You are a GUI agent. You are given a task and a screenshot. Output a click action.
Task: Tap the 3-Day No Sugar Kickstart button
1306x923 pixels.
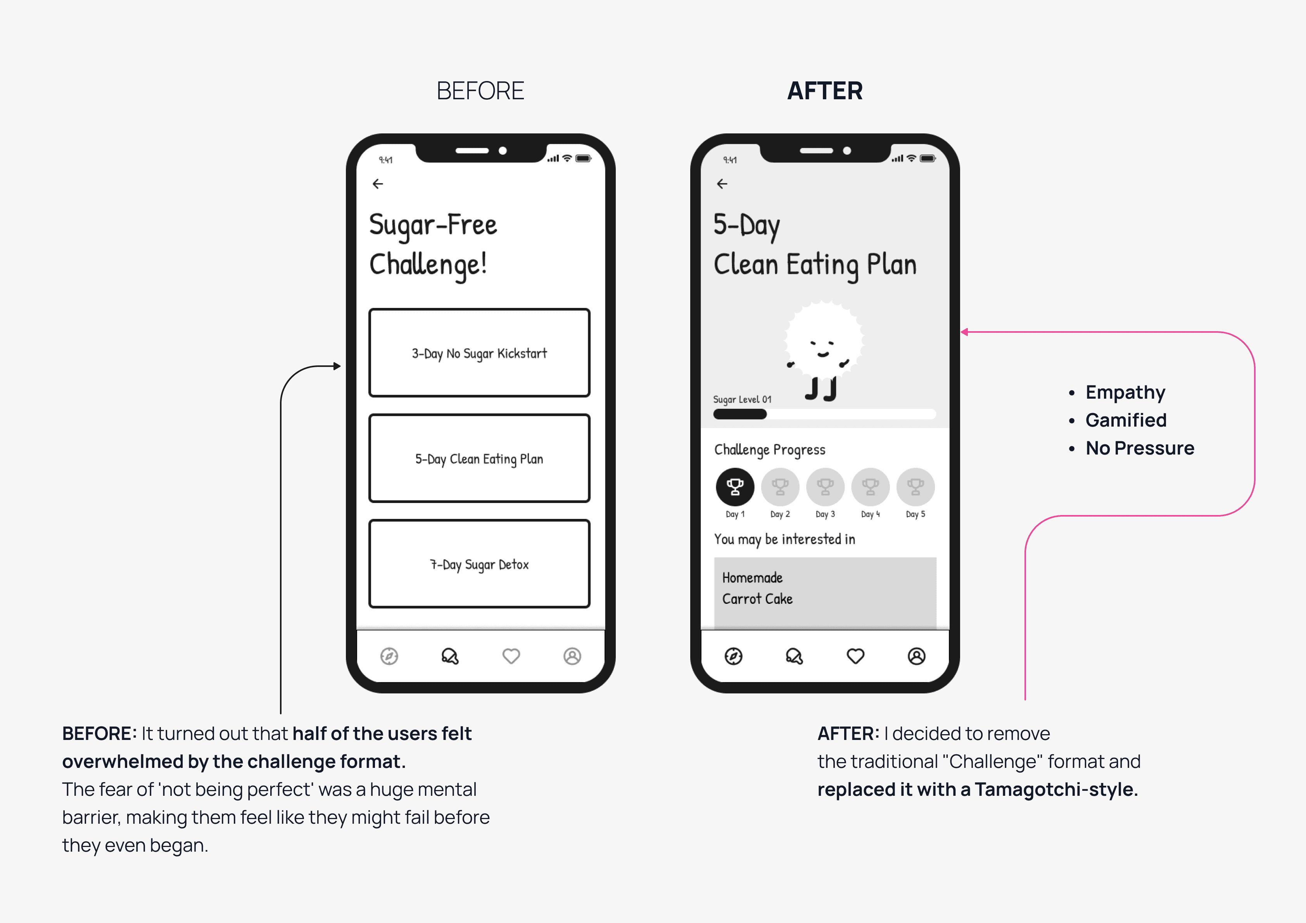click(480, 353)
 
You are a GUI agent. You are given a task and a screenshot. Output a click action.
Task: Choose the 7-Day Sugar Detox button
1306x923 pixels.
click(480, 563)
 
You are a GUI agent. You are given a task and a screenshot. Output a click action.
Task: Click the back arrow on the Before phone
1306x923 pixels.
click(378, 184)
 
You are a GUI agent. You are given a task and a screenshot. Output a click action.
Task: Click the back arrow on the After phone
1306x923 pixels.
click(722, 184)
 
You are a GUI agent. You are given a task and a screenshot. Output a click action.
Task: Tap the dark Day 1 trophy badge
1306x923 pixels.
click(735, 487)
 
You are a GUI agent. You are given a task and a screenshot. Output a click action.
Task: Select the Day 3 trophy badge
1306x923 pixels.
click(825, 487)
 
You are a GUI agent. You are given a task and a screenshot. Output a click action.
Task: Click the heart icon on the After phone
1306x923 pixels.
click(855, 656)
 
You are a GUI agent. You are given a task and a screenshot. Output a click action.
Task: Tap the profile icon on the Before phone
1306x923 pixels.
click(572, 656)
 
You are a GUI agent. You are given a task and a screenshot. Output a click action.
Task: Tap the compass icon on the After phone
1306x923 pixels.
click(733, 656)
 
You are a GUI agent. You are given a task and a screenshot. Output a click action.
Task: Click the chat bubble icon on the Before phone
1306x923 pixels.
click(450, 656)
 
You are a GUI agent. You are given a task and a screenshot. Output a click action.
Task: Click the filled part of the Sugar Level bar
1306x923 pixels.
click(740, 414)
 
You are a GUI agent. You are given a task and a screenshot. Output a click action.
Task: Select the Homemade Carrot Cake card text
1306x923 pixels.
click(757, 588)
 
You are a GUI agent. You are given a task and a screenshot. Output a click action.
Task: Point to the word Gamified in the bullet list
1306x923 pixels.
click(1126, 420)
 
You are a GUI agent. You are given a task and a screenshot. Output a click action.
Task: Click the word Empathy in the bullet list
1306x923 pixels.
click(1125, 392)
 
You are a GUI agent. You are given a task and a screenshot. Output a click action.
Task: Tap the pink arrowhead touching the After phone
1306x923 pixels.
click(964, 332)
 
